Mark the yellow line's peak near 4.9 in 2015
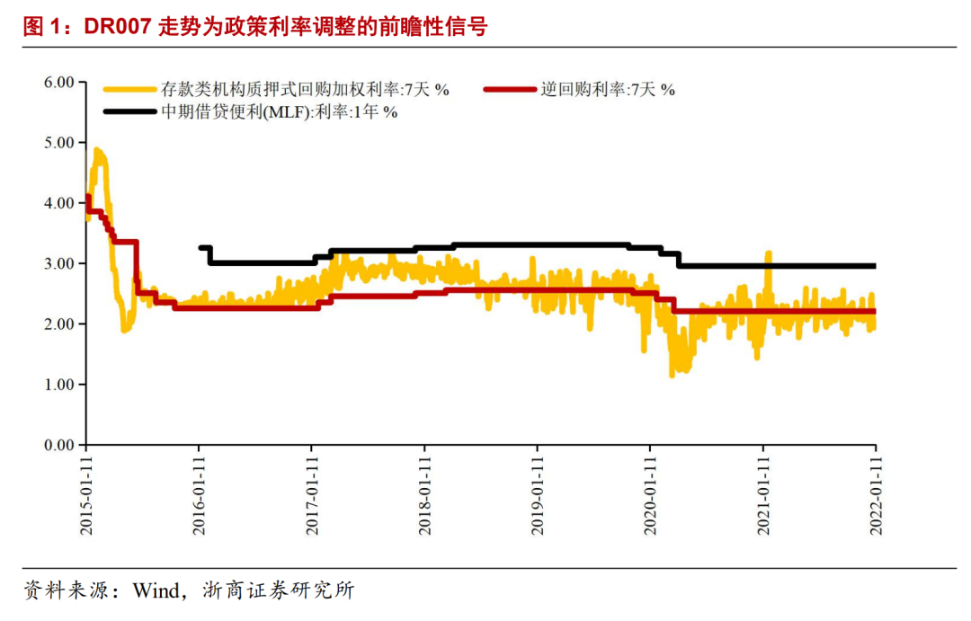pos(97,150)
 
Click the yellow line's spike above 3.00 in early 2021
pos(769,254)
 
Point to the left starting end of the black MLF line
pos(200,247)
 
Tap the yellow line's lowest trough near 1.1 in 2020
pos(673,376)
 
